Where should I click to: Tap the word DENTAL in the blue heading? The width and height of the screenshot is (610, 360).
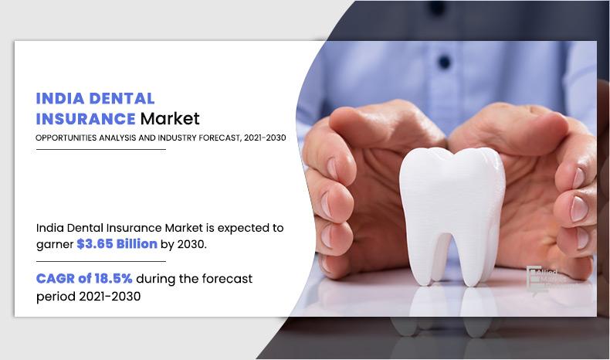click(121, 99)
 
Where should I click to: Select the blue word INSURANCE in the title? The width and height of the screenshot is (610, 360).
click(86, 119)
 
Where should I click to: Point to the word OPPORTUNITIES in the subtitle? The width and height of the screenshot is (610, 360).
click(68, 138)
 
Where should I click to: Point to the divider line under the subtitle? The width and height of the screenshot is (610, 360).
click(101, 149)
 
